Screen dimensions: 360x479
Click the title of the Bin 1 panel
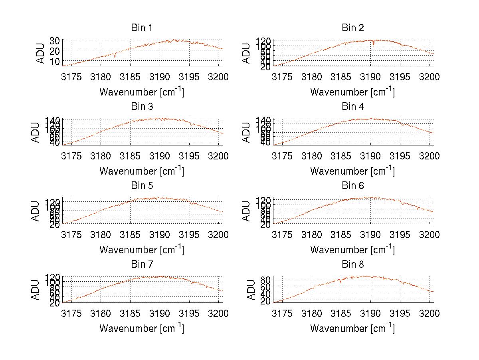(142, 28)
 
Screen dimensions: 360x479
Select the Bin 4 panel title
(353, 107)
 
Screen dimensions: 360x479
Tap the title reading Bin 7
(142, 265)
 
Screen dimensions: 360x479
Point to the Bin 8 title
(353, 265)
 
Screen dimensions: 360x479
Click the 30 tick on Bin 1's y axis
(55, 40)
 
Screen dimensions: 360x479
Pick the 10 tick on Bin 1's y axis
(55, 61)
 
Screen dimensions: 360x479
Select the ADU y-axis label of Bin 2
(247, 53)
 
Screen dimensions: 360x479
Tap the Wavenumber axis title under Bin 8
(352, 328)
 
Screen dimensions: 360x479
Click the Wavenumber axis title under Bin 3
(142, 171)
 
